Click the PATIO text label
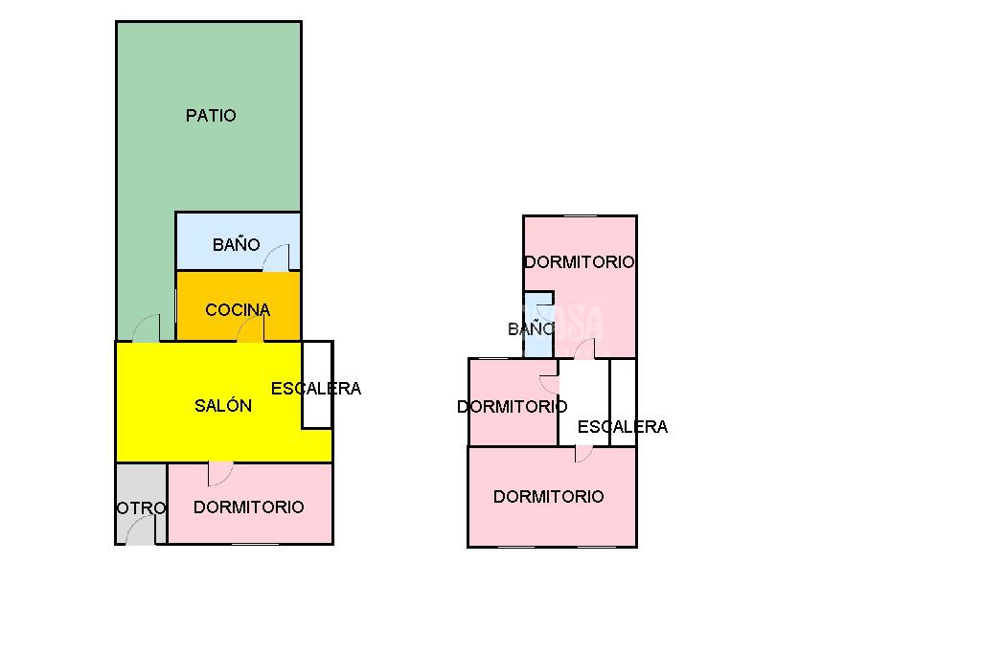tap(211, 116)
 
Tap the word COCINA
tap(238, 310)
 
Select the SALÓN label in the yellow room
tap(223, 406)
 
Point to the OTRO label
tap(141, 508)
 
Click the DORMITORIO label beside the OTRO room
tap(249, 507)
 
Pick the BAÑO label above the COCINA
tap(236, 245)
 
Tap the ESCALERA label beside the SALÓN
tap(316, 389)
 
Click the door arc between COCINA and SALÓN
tap(251, 330)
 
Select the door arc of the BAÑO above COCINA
tap(277, 258)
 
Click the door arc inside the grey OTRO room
tap(142, 530)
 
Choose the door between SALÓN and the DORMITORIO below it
tap(220, 473)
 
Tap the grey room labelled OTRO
tap(141, 484)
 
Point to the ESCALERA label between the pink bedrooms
tap(623, 427)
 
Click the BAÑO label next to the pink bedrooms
tap(530, 329)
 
